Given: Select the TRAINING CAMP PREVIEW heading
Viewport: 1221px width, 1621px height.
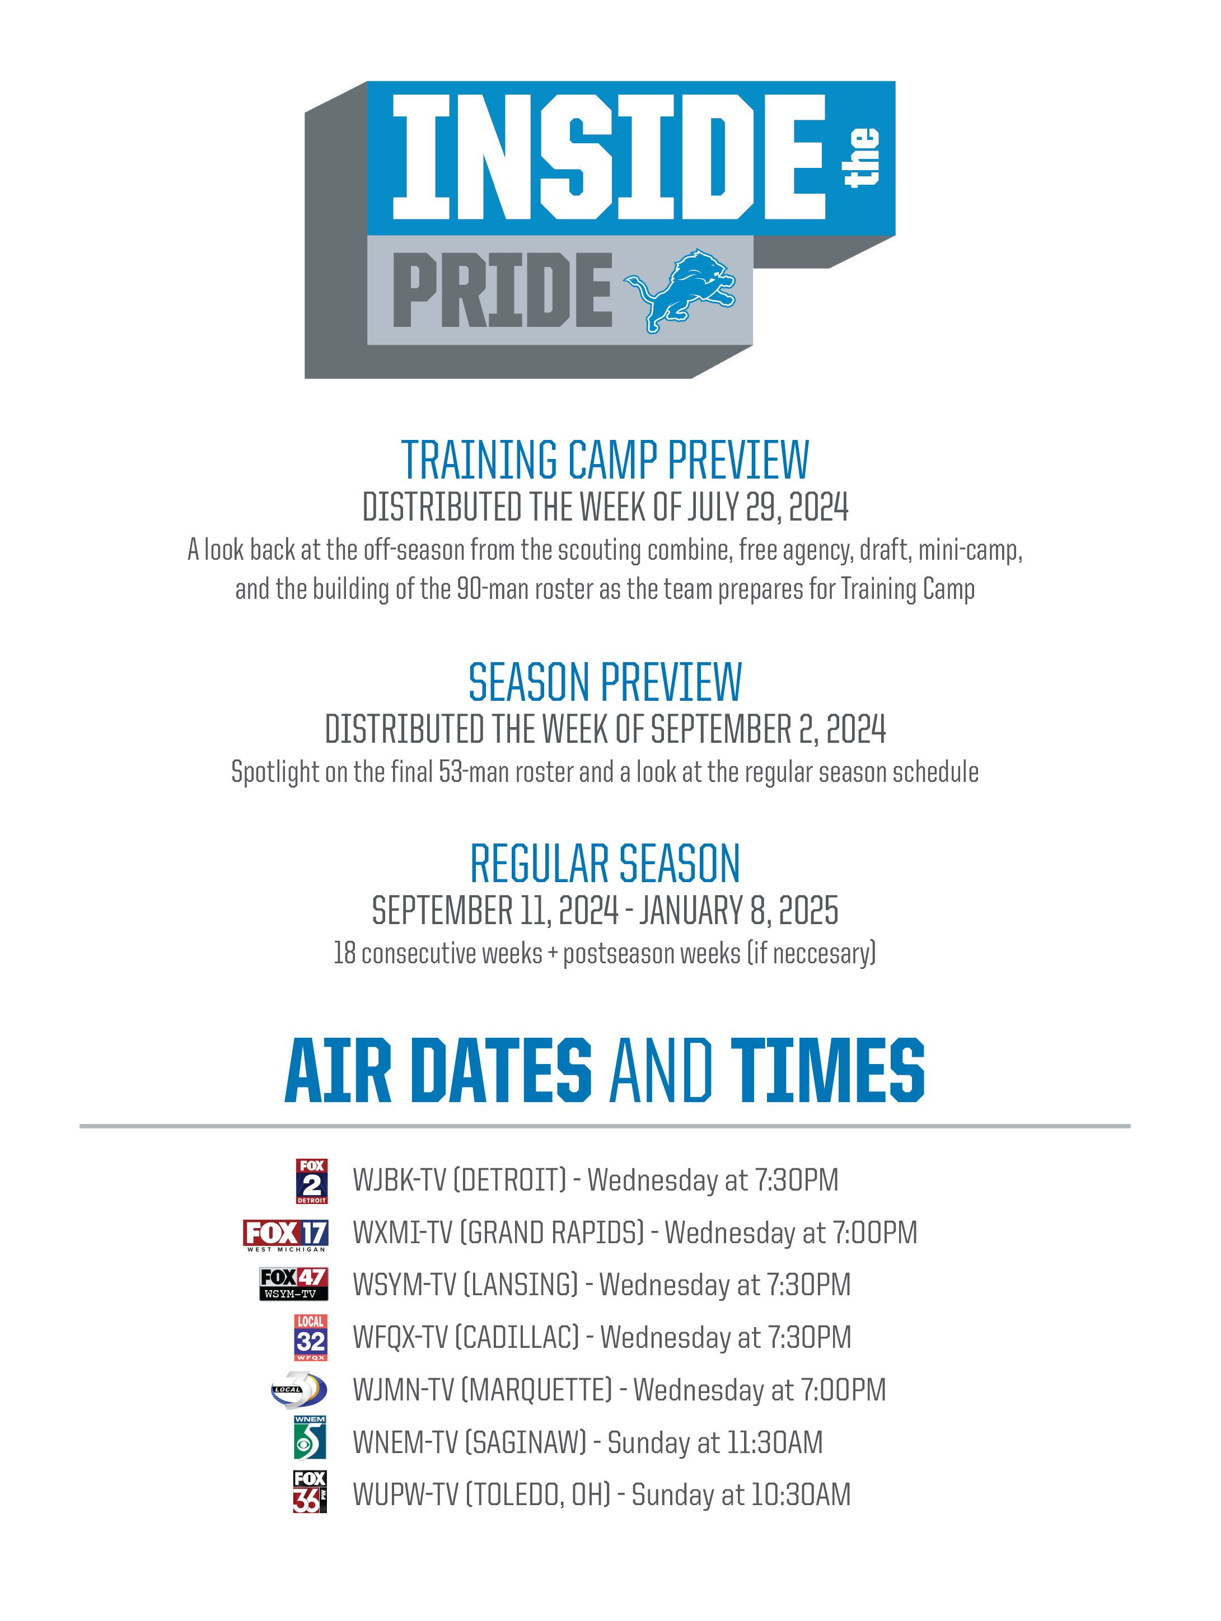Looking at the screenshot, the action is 605,460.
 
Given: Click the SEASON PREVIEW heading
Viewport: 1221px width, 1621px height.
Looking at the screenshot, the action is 605,682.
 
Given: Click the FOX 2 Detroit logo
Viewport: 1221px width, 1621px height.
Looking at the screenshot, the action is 311,1180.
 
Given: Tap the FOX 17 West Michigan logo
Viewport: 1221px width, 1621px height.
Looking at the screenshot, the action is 286,1235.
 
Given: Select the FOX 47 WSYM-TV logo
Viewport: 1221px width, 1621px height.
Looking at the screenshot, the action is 294,1285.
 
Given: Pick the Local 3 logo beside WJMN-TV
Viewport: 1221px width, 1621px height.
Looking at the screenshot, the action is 298,1390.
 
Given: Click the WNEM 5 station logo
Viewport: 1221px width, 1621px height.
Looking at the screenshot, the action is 310,1438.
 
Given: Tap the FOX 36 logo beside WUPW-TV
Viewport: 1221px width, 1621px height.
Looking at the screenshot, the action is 310,1492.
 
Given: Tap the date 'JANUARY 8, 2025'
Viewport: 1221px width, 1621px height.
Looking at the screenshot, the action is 739,910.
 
